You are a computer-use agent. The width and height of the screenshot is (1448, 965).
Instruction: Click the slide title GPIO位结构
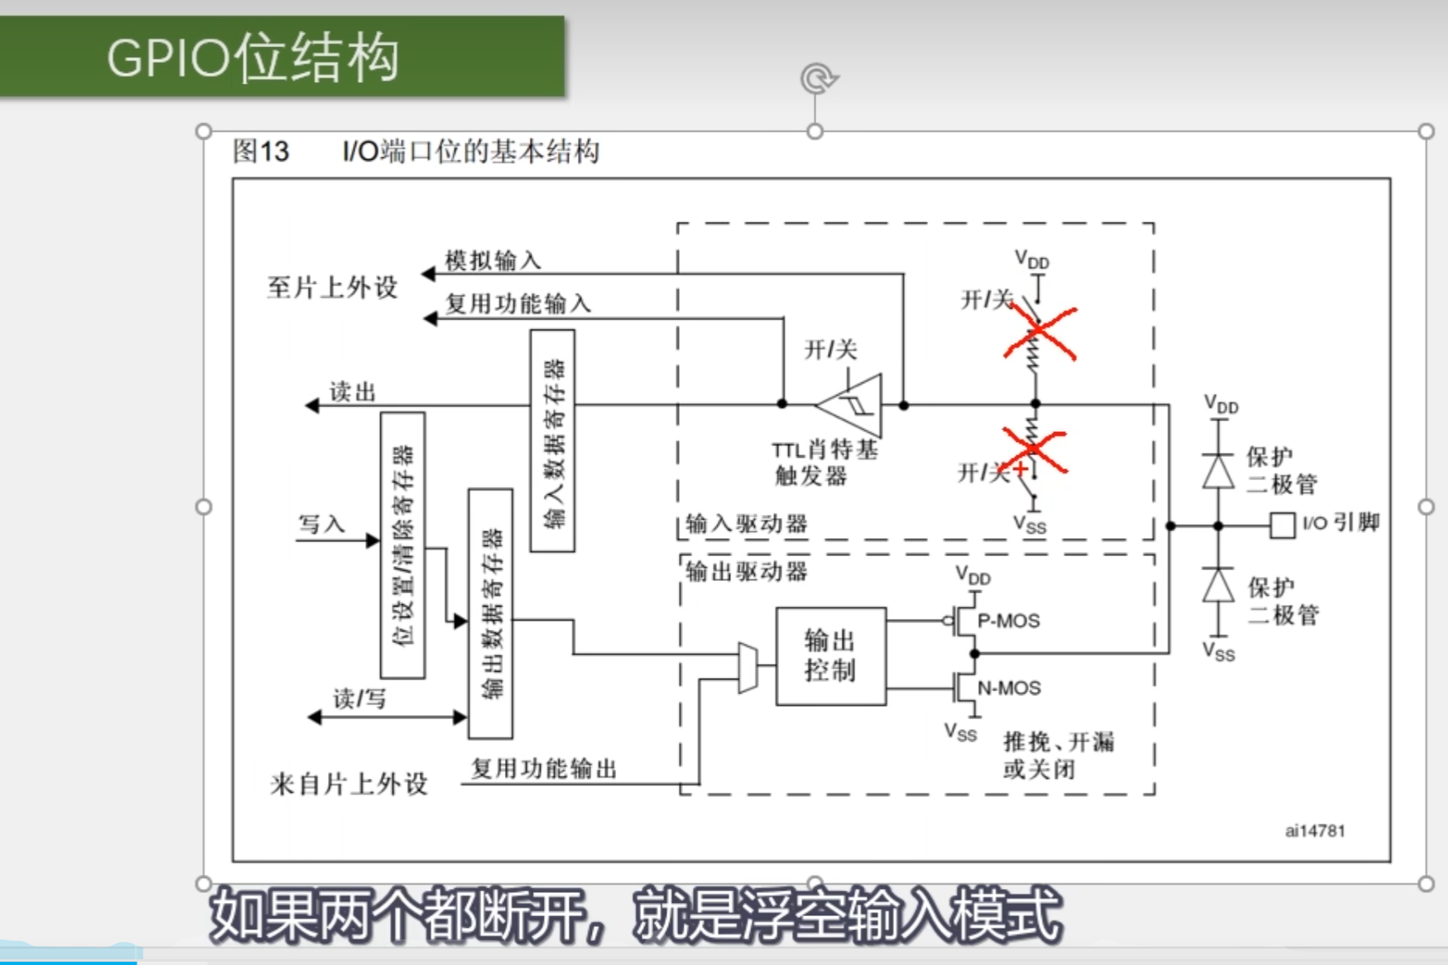(x=253, y=58)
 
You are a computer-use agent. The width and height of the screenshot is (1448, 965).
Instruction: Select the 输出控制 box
(x=830, y=656)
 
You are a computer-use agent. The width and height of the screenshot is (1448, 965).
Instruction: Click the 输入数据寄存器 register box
(x=552, y=441)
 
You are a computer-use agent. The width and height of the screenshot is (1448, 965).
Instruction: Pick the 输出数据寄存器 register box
(x=490, y=613)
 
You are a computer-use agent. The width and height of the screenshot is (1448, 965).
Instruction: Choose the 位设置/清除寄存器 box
(x=402, y=545)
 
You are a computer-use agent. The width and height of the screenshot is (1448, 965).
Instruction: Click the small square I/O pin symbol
(x=1282, y=526)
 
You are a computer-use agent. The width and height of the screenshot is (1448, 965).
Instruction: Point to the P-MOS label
(x=1008, y=621)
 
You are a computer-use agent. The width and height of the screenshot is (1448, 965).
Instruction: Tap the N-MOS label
(x=1009, y=688)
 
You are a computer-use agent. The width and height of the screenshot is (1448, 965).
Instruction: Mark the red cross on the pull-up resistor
(x=1040, y=333)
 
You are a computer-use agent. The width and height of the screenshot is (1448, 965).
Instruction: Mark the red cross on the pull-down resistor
(x=1034, y=451)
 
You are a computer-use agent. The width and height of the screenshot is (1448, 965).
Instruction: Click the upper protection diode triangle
(x=1218, y=472)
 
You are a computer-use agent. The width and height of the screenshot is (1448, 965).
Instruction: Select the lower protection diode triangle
(x=1218, y=586)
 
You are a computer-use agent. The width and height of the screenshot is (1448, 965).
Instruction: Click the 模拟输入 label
(x=493, y=261)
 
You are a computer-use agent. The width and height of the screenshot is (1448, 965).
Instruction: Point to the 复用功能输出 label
(x=544, y=768)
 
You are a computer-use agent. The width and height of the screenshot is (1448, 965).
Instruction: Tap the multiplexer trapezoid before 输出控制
(x=748, y=667)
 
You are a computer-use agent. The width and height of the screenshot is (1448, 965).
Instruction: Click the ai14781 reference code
(x=1315, y=831)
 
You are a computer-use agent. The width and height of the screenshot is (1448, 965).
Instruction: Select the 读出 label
(x=353, y=391)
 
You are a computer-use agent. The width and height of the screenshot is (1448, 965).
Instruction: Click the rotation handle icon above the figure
(x=818, y=79)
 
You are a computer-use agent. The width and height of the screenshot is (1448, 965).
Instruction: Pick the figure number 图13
(x=261, y=151)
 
